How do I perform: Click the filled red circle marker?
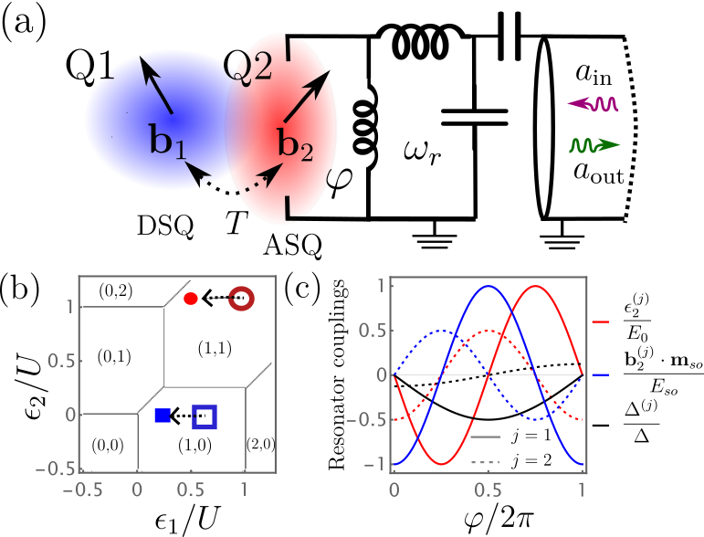[190, 298]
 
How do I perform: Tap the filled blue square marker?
[162, 416]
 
